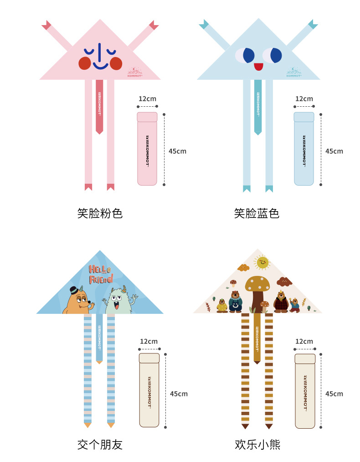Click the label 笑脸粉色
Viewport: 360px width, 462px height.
click(x=100, y=213)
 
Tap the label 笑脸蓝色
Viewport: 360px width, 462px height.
click(x=257, y=213)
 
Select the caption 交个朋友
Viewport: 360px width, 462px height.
click(x=100, y=444)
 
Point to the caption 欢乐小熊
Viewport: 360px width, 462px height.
click(x=257, y=444)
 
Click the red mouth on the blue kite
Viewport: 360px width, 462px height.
click(x=258, y=67)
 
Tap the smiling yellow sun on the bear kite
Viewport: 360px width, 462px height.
click(x=262, y=262)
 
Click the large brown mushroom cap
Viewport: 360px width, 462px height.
click(x=257, y=284)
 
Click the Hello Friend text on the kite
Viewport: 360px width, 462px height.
click(x=100, y=274)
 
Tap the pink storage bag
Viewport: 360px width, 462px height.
click(x=147, y=149)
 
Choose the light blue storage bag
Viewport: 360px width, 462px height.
click(x=304, y=149)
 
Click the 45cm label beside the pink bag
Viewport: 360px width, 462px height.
click(x=177, y=151)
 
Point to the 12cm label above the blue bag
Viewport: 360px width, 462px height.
click(x=304, y=99)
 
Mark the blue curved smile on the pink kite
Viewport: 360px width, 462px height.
click(x=101, y=66)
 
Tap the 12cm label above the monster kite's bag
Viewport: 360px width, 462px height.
click(x=149, y=342)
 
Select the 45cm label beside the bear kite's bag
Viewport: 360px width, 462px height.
click(x=334, y=394)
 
